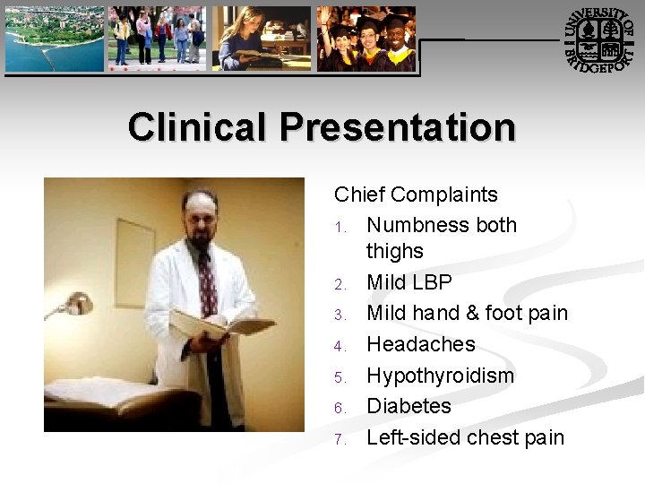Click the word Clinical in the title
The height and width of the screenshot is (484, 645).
pos(198,127)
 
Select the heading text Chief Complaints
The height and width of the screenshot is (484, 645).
pos(416,194)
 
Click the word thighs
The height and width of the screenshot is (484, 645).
pos(395,251)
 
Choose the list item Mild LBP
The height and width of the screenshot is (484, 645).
pos(409,282)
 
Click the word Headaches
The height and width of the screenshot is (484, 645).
pos(421,344)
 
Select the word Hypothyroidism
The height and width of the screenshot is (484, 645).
pos(441,376)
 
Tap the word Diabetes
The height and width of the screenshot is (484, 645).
pos(408,406)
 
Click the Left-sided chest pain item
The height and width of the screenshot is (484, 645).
pos(466,437)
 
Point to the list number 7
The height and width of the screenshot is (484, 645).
pos(340,439)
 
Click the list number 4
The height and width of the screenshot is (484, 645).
pos(340,346)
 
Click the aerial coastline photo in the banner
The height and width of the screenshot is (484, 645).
pos(54,38)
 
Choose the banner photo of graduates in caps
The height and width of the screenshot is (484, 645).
pos(366,39)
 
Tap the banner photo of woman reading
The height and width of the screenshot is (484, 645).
pos(261,39)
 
